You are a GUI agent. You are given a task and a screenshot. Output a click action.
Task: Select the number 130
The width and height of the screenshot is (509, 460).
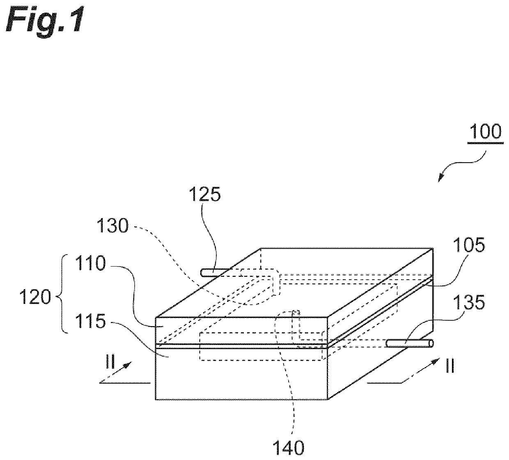[112, 225]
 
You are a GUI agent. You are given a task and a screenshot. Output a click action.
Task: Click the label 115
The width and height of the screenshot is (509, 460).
[90, 322]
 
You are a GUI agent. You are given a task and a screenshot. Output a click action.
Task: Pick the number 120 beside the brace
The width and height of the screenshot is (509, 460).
[35, 297]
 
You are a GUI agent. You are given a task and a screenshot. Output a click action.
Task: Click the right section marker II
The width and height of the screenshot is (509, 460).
[450, 366]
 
